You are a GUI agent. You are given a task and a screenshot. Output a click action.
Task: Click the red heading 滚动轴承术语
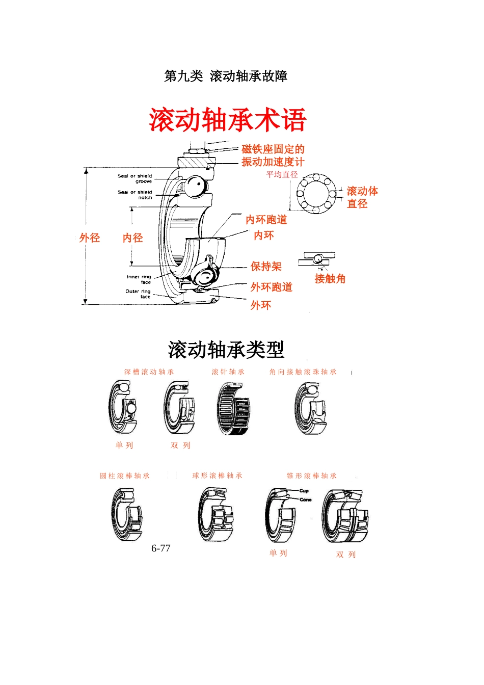tap(227, 120)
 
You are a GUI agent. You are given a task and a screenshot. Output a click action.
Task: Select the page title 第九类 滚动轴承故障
tap(226, 76)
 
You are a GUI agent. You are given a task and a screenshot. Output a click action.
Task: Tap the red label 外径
tap(90, 238)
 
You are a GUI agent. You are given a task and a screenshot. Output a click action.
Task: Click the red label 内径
tap(132, 238)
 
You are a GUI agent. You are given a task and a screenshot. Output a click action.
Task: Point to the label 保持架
tap(266, 267)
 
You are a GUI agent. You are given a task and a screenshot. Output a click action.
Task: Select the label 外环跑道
tap(271, 287)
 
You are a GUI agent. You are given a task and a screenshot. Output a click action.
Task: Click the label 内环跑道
tap(266, 220)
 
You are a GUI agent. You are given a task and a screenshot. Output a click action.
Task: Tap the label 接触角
tap(330, 279)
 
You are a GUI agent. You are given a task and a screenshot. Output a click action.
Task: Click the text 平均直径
tap(282, 175)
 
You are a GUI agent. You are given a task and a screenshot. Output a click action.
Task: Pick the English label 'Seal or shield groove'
tap(136, 178)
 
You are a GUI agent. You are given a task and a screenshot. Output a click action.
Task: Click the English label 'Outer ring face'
tap(139, 294)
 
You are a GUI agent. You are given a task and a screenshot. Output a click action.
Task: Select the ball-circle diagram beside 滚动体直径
tap(316, 193)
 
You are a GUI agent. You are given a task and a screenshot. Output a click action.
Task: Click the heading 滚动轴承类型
tap(226, 350)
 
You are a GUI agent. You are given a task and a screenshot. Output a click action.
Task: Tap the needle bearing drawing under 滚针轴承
tap(233, 409)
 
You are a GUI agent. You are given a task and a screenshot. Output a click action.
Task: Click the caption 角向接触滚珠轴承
tap(303, 372)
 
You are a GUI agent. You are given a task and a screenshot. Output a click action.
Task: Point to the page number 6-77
tap(160, 548)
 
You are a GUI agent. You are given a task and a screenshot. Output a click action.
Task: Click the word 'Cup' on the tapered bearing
tap(304, 491)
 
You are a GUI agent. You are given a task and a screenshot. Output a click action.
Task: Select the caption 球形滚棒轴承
tap(217, 476)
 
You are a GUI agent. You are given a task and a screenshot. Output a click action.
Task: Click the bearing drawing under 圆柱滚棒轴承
tap(126, 515)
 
